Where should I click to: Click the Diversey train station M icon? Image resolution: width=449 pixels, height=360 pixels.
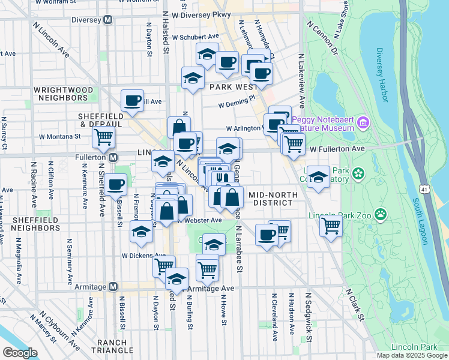point(108,19)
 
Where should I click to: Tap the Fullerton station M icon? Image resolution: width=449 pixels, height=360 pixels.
point(113,157)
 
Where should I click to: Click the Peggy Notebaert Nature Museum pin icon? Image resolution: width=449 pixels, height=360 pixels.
point(363,124)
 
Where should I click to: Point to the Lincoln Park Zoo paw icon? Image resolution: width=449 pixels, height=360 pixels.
point(380,214)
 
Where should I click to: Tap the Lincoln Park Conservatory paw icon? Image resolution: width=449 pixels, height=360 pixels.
point(359,174)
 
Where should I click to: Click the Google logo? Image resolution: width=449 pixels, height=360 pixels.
point(20,352)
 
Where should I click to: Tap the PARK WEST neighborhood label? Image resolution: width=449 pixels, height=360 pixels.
point(234,87)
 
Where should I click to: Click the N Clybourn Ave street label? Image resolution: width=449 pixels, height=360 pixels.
point(59,331)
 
